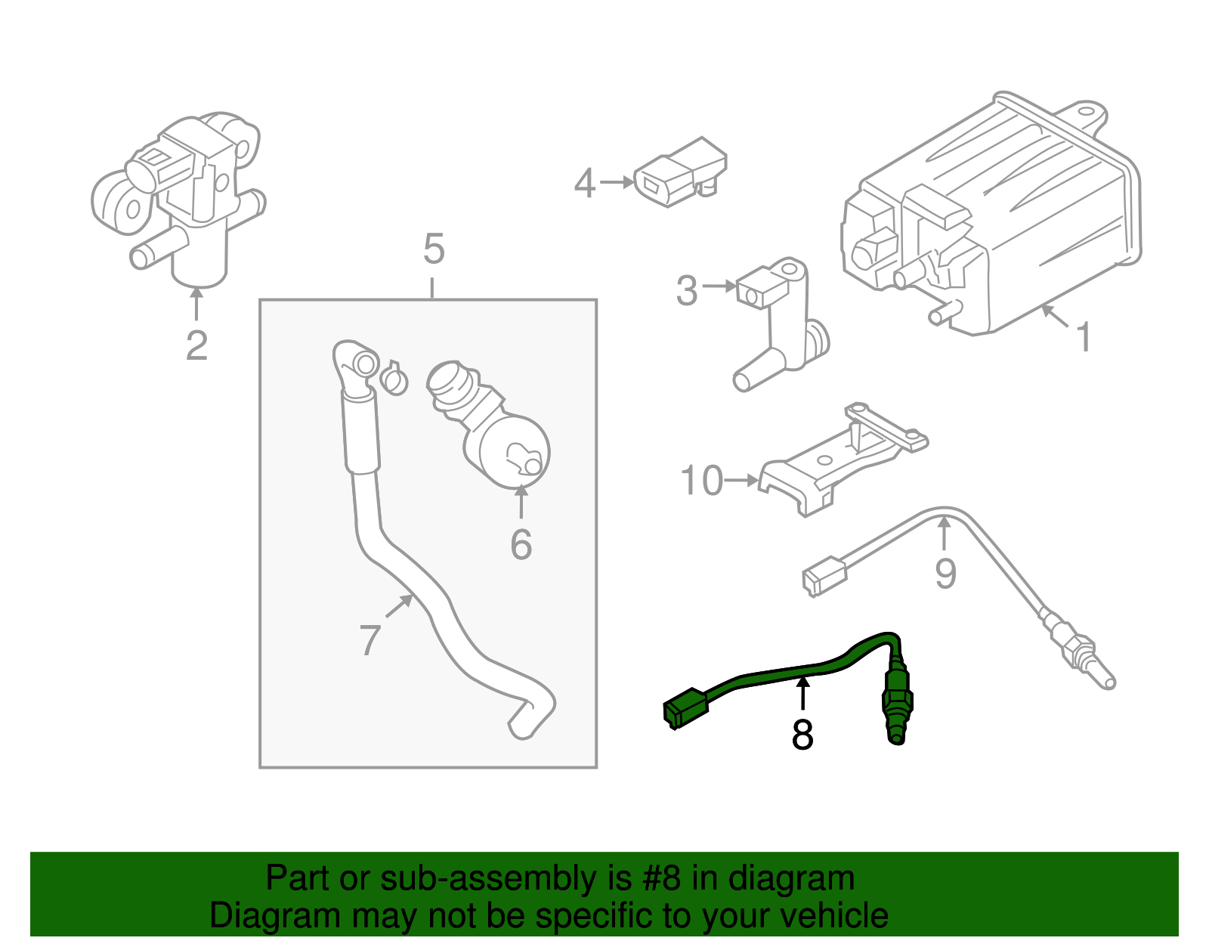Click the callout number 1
pyautogui.click(x=1084, y=337)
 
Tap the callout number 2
pyautogui.click(x=196, y=346)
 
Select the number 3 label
pyautogui.click(x=686, y=291)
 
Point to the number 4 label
pyautogui.click(x=585, y=184)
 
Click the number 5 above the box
pyautogui.click(x=434, y=249)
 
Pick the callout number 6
pyautogui.click(x=521, y=545)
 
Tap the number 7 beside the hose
pyautogui.click(x=370, y=640)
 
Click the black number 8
pyautogui.click(x=802, y=734)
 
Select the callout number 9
pyautogui.click(x=945, y=574)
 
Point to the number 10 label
pyautogui.click(x=702, y=481)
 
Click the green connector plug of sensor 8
pyautogui.click(x=685, y=709)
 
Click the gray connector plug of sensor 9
pyautogui.click(x=825, y=577)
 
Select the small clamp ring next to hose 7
pyautogui.click(x=394, y=379)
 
